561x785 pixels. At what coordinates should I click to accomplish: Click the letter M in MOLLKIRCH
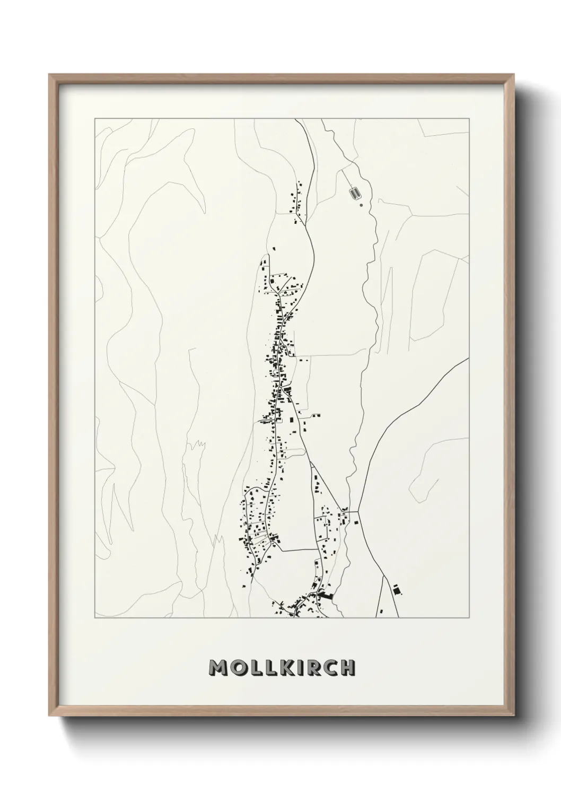(218, 668)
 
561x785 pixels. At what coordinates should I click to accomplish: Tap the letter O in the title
(236, 668)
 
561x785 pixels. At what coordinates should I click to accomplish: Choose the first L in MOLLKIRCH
(253, 668)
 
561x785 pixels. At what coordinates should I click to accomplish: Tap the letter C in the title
(330, 668)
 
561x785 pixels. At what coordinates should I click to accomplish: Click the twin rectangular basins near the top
(354, 192)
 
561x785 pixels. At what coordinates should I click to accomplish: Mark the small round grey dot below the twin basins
(361, 204)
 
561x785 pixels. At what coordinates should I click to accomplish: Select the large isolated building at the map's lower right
(396, 589)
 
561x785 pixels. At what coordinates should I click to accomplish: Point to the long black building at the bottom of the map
(324, 597)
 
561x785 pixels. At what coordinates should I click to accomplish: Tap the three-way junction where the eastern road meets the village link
(358, 512)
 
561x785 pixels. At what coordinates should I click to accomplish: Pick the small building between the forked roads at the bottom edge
(396, 589)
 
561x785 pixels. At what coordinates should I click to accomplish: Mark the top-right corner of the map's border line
(469, 118)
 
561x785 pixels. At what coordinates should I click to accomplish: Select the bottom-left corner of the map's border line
(95, 618)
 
